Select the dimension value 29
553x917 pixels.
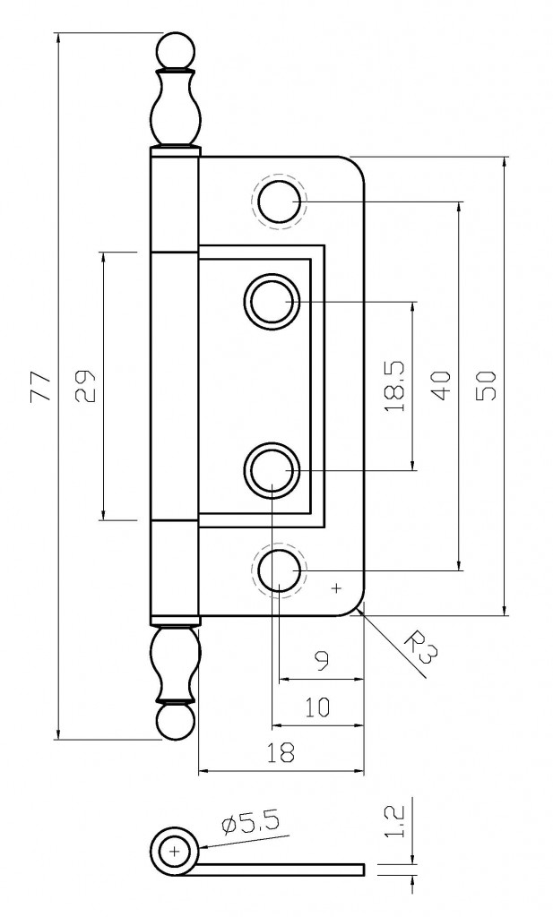tap(85, 387)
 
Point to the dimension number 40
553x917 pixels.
tap(440, 386)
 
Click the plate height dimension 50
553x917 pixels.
tap(486, 386)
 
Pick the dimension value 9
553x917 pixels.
tap(323, 662)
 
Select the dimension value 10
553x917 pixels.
tap(316, 707)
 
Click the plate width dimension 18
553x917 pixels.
tap(281, 753)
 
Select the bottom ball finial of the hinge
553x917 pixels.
tap(175, 722)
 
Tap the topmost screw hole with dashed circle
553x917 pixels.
tap(279, 201)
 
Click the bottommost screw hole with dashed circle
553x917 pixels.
tap(279, 570)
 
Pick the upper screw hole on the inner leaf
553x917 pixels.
tap(270, 302)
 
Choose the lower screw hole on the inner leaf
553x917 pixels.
tap(270, 469)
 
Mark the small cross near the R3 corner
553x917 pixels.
tap(337, 588)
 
